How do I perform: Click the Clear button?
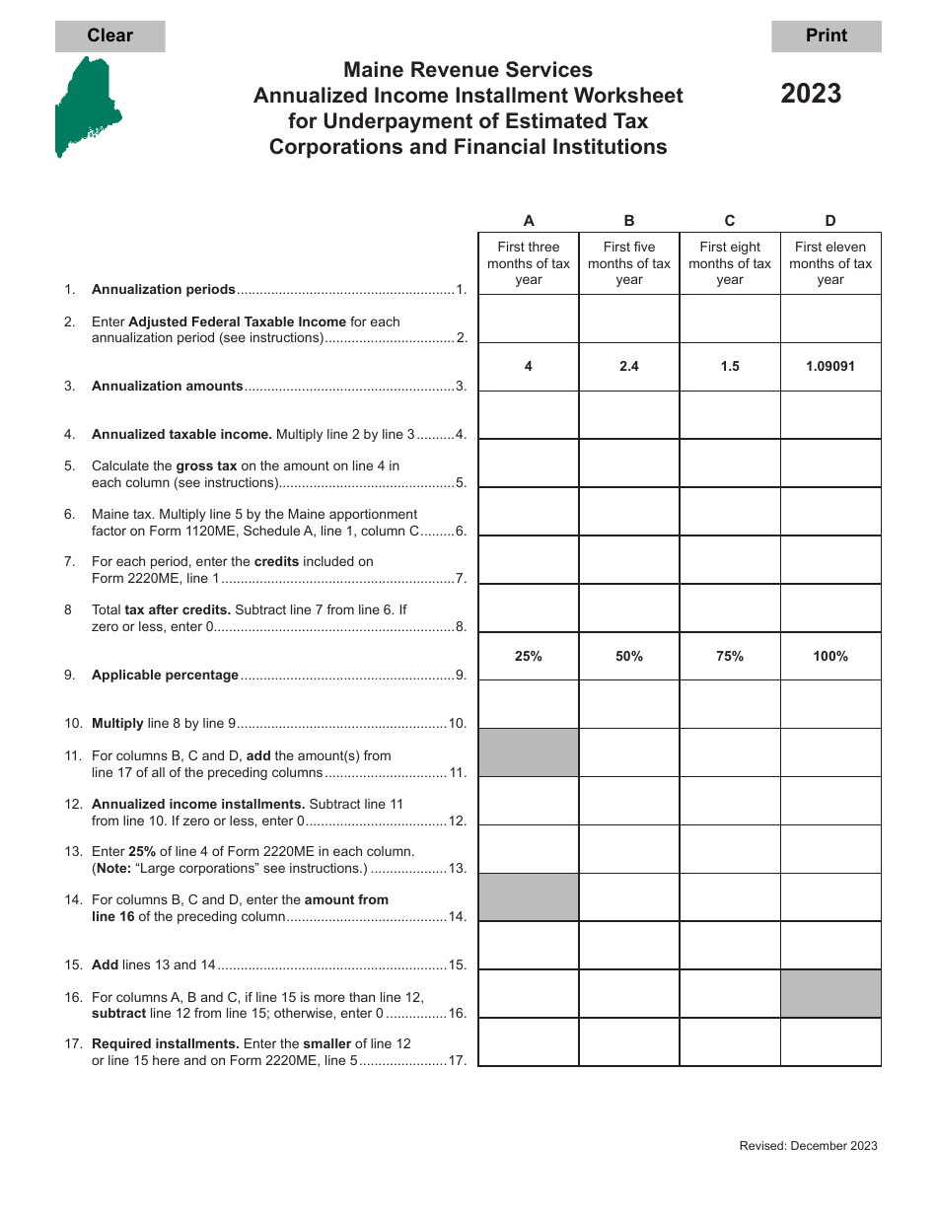(109, 36)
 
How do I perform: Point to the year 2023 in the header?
(811, 94)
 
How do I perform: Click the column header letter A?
(529, 221)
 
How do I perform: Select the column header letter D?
(830, 221)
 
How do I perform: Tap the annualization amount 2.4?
(629, 366)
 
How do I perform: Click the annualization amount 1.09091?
(830, 366)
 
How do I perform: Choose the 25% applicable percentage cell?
(529, 656)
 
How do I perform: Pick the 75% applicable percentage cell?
(730, 656)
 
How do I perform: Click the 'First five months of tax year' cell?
(629, 263)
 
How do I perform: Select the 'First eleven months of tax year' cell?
(830, 263)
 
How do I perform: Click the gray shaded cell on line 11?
(529, 752)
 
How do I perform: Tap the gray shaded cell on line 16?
(830, 993)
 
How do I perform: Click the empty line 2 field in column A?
(529, 319)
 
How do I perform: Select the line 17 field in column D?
(830, 1041)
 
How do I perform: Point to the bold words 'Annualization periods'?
(164, 290)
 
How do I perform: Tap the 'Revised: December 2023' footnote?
(808, 1145)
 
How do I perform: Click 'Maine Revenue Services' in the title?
(468, 70)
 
